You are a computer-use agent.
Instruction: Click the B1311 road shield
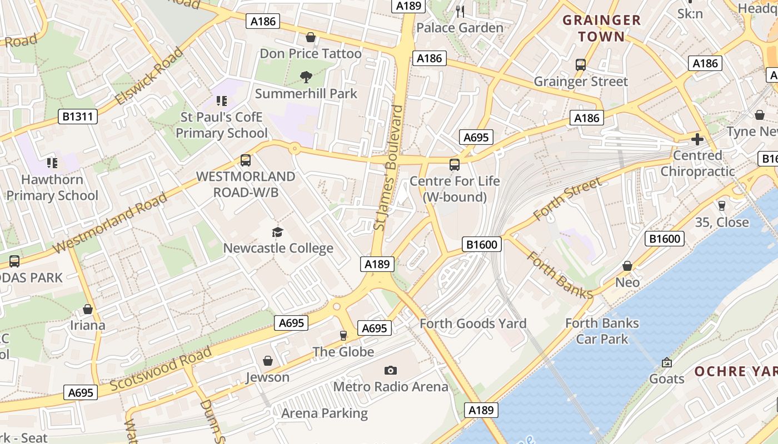(78, 117)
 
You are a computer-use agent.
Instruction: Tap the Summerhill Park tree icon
(306, 77)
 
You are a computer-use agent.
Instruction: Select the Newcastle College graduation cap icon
(277, 232)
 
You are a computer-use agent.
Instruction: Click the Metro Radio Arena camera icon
(391, 370)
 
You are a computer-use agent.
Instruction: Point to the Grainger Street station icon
(581, 65)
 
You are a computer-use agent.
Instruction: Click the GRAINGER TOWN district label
(602, 29)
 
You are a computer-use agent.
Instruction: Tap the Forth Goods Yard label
(473, 323)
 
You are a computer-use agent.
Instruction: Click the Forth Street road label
(567, 199)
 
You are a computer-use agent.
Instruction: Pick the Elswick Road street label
(148, 77)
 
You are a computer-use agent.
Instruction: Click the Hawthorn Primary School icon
(52, 163)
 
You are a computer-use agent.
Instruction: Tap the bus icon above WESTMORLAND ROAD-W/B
(246, 160)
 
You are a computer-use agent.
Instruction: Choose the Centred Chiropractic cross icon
(697, 139)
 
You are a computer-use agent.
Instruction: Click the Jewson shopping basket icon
(268, 361)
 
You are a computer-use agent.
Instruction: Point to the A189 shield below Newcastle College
(377, 264)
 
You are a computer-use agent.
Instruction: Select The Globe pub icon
(343, 335)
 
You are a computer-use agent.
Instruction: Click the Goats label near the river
(667, 379)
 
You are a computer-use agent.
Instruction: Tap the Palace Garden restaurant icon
(460, 11)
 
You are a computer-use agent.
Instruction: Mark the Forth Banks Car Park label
(602, 331)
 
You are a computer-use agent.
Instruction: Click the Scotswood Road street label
(161, 369)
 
